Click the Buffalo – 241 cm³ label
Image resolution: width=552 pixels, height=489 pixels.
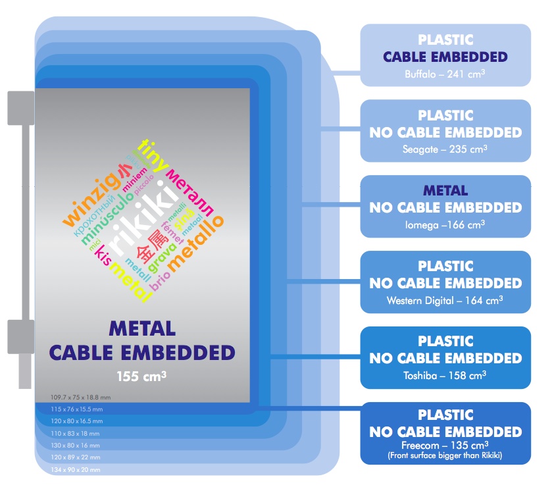click(x=445, y=74)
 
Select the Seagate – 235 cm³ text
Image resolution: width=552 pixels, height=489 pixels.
click(x=445, y=149)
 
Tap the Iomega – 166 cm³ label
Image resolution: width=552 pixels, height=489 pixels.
click(x=445, y=224)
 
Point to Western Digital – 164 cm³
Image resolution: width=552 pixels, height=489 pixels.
click(x=445, y=300)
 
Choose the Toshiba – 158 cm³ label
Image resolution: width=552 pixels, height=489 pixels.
click(x=445, y=376)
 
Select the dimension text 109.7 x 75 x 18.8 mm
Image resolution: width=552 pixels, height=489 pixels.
click(x=80, y=397)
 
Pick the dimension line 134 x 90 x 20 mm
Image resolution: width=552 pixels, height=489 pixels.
click(x=75, y=470)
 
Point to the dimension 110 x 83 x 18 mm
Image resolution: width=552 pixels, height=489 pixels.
click(x=75, y=434)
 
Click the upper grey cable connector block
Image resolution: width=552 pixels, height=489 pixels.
click(x=20, y=108)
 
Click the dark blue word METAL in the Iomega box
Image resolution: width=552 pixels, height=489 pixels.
click(x=445, y=191)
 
